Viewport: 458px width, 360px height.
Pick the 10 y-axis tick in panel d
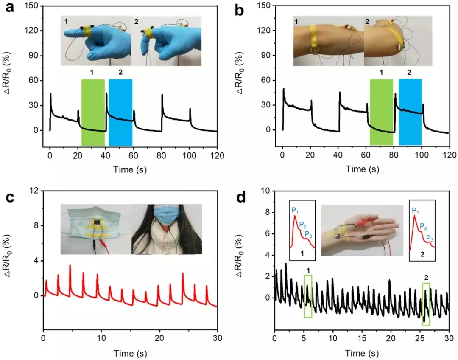(x=266, y=191)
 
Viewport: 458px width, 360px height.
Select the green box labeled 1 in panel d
(x=308, y=296)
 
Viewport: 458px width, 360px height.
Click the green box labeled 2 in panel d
(x=426, y=304)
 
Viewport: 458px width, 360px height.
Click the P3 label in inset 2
(x=430, y=238)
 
